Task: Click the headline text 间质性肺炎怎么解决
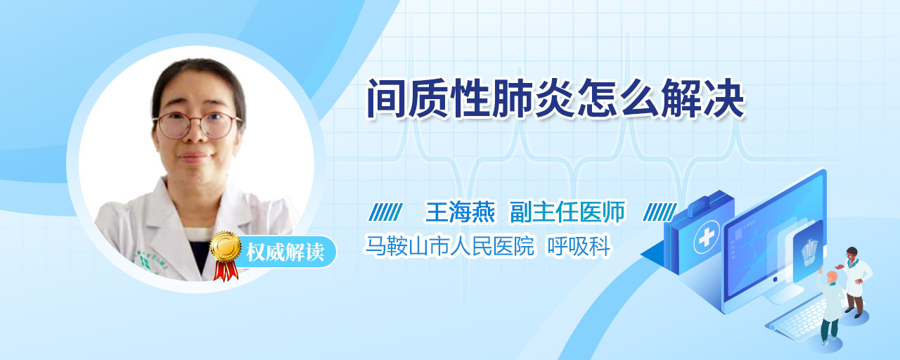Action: (x=556, y=99)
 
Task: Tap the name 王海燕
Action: (x=460, y=212)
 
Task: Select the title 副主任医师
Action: (x=567, y=212)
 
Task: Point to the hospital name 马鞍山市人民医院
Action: (x=449, y=246)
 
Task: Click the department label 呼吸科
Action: (x=579, y=246)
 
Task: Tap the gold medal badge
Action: (x=226, y=246)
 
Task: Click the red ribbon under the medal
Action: (x=226, y=271)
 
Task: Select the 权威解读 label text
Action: (x=285, y=252)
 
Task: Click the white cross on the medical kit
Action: (x=707, y=237)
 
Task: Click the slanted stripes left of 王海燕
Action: (x=386, y=212)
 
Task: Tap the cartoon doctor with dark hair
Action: (x=855, y=282)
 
